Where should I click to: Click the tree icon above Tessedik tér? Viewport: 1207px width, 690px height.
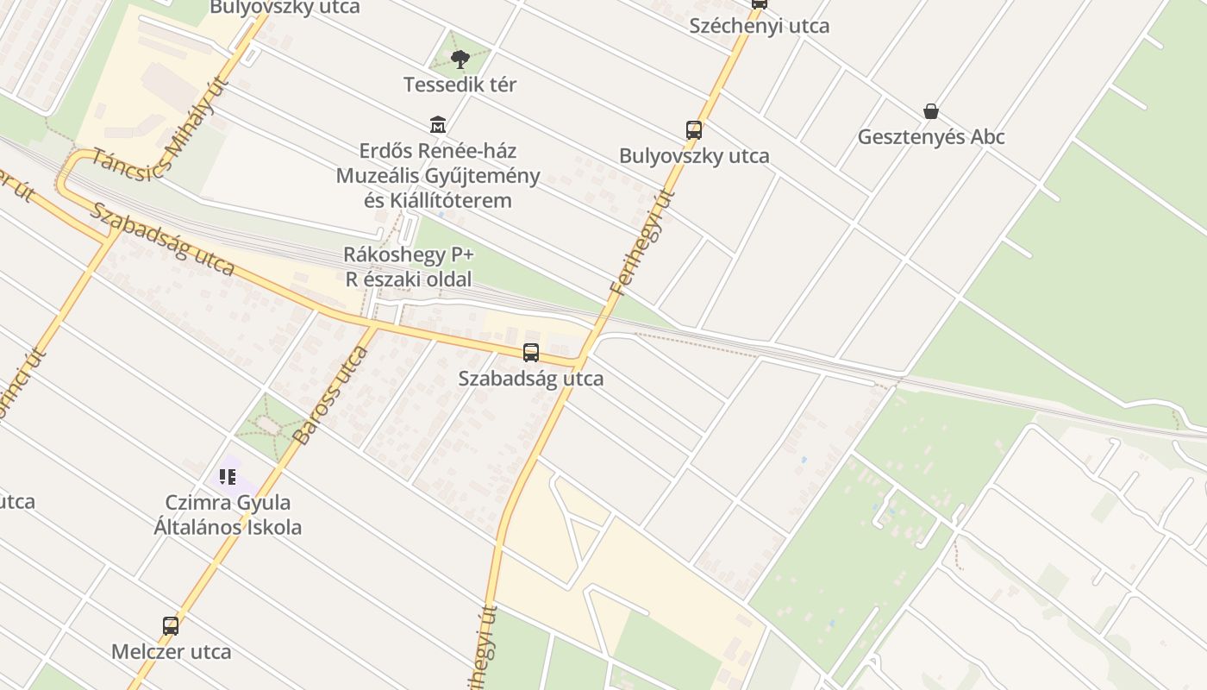coord(460,59)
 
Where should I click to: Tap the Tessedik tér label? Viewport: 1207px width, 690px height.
coord(460,85)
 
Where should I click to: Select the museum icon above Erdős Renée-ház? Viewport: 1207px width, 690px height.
coord(438,125)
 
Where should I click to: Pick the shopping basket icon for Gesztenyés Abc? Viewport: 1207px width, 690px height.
coord(931,111)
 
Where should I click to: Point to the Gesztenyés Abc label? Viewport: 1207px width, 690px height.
coord(931,136)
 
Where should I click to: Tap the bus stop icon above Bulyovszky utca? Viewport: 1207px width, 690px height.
coord(694,130)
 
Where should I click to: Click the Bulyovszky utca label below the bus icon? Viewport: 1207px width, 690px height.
coord(694,156)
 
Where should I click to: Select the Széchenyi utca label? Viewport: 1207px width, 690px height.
coord(760,26)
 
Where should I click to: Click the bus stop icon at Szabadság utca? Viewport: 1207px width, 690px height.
coord(531,353)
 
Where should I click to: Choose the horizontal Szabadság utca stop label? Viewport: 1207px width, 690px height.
coord(531,379)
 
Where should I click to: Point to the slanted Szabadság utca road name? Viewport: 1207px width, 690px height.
coord(162,239)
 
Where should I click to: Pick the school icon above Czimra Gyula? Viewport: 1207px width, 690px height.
coord(228,476)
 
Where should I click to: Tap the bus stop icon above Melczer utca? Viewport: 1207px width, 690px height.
coord(171,626)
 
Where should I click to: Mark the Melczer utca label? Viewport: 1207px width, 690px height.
coord(171,651)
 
